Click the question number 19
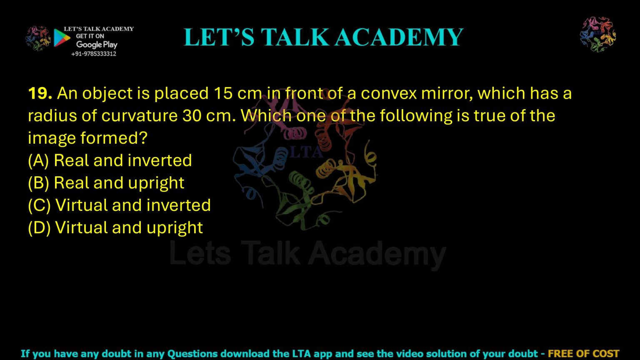click(40, 93)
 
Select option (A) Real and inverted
click(110, 160)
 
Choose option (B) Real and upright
click(106, 183)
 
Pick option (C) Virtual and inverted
click(120, 205)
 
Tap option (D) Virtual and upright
click(115, 228)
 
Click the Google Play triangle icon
click(62, 38)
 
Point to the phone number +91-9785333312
click(94, 54)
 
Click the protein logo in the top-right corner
click(598, 34)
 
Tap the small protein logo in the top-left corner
click(38, 39)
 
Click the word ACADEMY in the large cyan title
click(399, 37)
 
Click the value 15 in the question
click(223, 93)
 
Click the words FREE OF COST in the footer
click(583, 354)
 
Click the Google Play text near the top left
click(97, 45)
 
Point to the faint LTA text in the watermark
click(306, 152)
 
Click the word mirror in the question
click(445, 93)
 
